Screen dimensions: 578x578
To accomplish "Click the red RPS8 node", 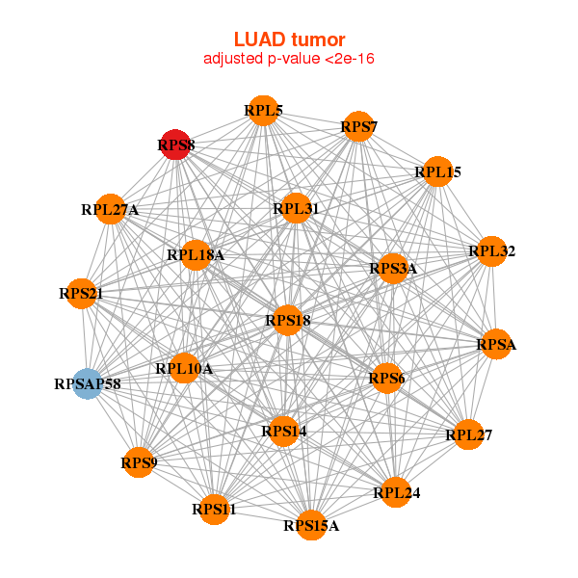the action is pyautogui.click(x=174, y=144).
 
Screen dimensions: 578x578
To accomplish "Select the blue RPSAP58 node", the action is pyautogui.click(x=88, y=383).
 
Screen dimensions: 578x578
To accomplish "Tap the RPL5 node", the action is pyautogui.click(x=263, y=111).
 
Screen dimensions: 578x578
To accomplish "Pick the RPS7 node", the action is pyautogui.click(x=358, y=126).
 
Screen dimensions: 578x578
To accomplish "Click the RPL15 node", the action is pyautogui.click(x=437, y=171).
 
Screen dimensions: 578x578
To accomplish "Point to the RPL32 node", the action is pyautogui.click(x=491, y=251).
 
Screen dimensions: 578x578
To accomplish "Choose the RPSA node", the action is pyautogui.click(x=496, y=344).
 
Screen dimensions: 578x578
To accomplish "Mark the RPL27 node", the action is pyautogui.click(x=468, y=434).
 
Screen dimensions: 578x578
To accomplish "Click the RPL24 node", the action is pyautogui.click(x=396, y=491).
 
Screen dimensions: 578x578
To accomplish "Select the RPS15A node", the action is pyautogui.click(x=311, y=524).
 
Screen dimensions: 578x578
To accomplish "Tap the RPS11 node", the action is pyautogui.click(x=214, y=508).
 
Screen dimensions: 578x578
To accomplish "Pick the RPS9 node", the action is pyautogui.click(x=139, y=462).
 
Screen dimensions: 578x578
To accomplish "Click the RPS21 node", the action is pyautogui.click(x=82, y=293).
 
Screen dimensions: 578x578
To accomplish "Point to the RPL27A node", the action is pyautogui.click(x=110, y=208).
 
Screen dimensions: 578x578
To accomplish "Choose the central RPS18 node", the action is pyautogui.click(x=288, y=319).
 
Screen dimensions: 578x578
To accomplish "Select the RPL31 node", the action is pyautogui.click(x=296, y=207).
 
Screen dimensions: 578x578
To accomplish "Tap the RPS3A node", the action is pyautogui.click(x=393, y=268).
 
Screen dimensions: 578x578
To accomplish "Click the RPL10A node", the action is pyautogui.click(x=184, y=368).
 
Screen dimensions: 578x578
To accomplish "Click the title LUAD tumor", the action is pyautogui.click(x=289, y=39).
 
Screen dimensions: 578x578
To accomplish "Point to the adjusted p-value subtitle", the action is pyautogui.click(x=289, y=59).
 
